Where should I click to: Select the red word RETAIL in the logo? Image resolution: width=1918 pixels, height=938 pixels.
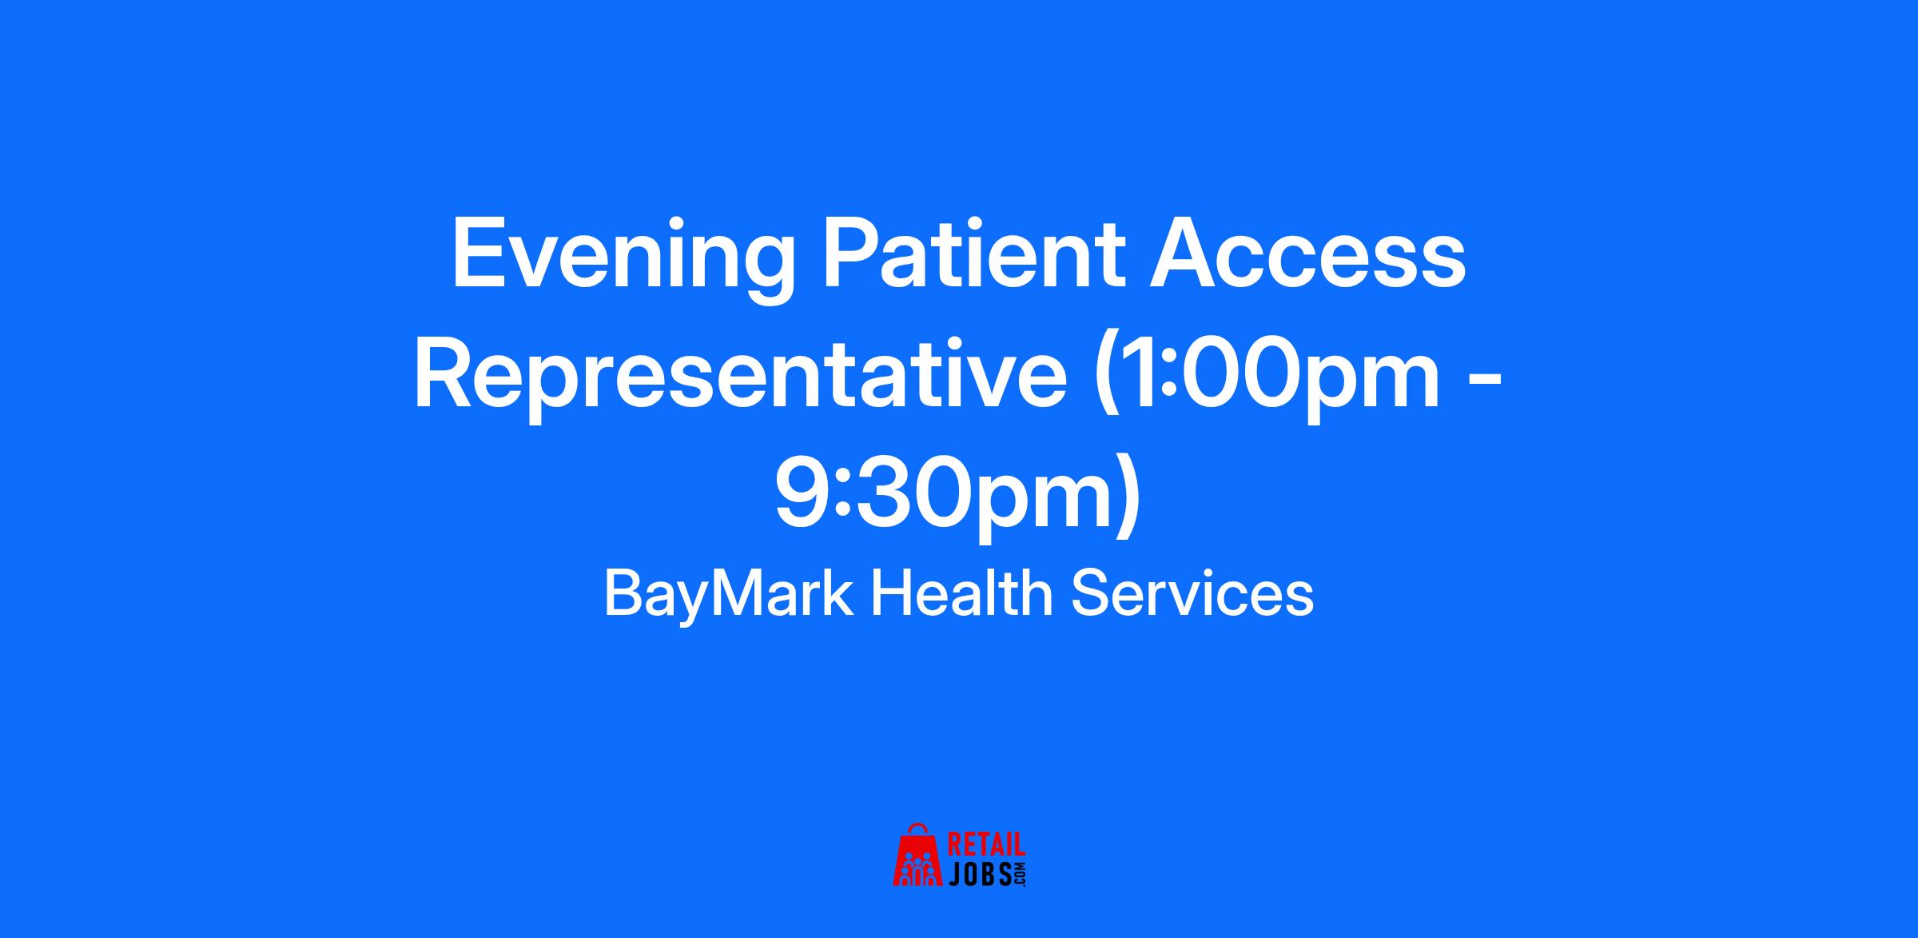coord(986,845)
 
